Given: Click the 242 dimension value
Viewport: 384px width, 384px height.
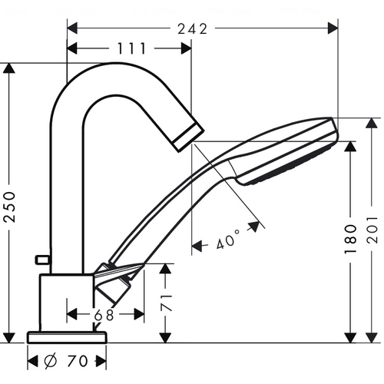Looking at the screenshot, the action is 192,29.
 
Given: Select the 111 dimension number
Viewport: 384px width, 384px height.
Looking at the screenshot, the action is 132,48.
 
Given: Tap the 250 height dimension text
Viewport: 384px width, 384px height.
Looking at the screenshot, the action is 11,207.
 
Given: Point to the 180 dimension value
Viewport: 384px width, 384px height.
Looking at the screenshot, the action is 350,239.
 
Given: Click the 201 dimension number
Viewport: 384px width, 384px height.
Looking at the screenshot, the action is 372,230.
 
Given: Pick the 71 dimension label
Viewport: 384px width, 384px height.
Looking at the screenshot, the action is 167,303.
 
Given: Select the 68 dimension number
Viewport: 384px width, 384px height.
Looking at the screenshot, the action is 104,315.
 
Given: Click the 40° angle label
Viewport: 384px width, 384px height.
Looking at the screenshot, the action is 227,240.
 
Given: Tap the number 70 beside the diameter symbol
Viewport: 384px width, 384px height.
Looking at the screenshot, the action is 78,361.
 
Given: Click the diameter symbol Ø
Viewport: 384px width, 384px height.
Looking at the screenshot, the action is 51,361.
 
